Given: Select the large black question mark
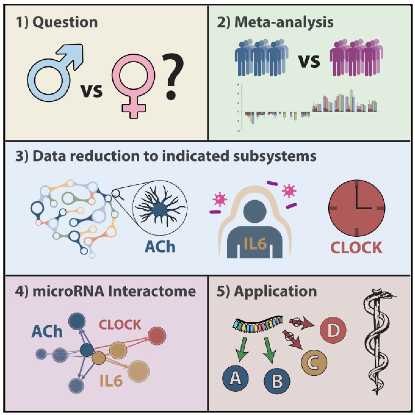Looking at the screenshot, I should [172, 75].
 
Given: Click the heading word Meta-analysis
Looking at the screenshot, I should [284, 22].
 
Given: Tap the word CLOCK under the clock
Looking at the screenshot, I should [356, 248].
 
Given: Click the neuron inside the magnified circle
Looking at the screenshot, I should [160, 208].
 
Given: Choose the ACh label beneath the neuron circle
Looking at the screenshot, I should [160, 246].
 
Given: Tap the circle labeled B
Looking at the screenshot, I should [277, 381].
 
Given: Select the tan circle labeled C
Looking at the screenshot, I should [314, 362].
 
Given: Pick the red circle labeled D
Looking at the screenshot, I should [333, 330].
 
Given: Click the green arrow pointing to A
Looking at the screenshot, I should [242, 349].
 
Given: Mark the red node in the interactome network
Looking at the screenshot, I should [157, 336].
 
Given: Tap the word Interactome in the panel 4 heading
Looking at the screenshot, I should [152, 291].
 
